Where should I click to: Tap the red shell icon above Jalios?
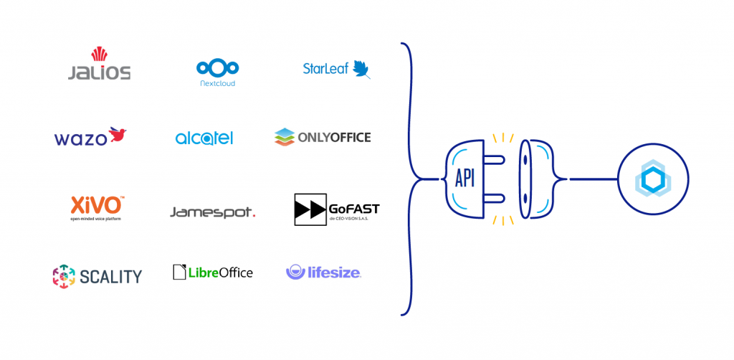(99, 54)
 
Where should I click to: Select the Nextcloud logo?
(216, 72)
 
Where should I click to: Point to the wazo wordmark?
(80, 138)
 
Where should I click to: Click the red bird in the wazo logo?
(118, 134)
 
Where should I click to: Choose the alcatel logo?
(204, 138)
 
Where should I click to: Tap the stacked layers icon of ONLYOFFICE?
(285, 136)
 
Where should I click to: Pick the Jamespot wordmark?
(212, 212)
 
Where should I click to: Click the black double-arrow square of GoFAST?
(310, 209)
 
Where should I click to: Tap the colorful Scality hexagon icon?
(64, 276)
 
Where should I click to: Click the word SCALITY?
(110, 276)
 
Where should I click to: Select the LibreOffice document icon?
(179, 272)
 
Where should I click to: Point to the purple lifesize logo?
(323, 272)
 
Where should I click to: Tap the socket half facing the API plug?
(538, 178)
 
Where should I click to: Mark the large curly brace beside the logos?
(414, 179)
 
